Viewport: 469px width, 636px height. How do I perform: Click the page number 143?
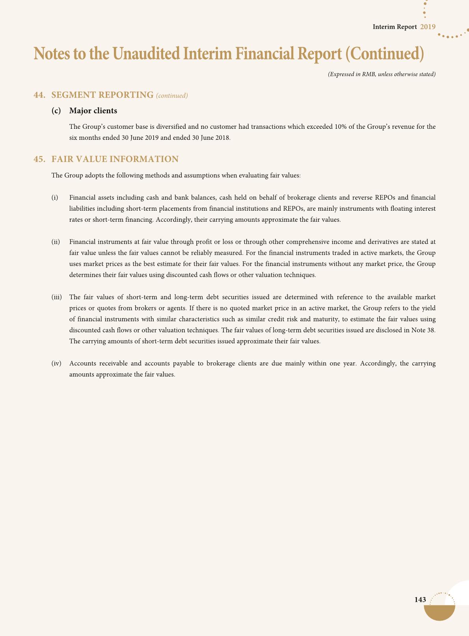coord(420,599)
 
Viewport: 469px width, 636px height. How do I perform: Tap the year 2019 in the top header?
coord(428,27)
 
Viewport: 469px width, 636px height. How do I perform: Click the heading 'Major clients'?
coord(93,111)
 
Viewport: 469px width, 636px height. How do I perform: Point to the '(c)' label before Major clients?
coord(56,111)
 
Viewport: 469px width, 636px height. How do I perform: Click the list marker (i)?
coord(55,197)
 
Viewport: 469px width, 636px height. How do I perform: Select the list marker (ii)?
coord(56,241)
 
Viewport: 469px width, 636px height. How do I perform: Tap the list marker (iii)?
coord(57,297)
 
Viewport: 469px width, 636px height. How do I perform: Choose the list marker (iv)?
coord(57,363)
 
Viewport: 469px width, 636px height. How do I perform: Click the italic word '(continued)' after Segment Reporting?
coord(172,95)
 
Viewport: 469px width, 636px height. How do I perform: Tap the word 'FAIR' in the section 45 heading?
coord(63,159)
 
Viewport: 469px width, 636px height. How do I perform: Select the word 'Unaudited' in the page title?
coord(146,54)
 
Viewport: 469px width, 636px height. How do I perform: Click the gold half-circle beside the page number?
coord(439,612)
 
